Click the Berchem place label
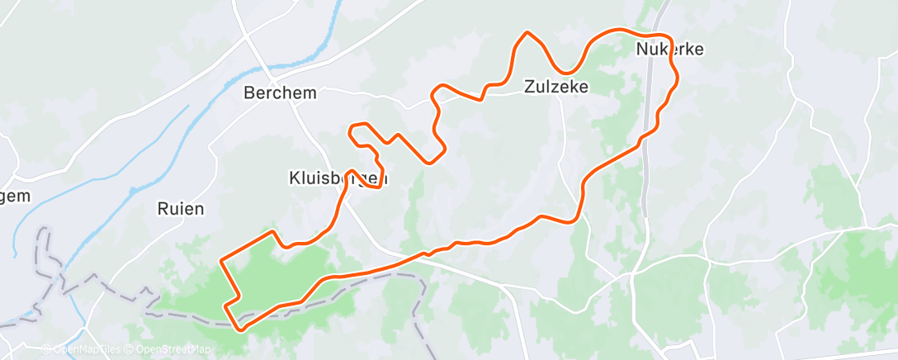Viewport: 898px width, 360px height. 280,93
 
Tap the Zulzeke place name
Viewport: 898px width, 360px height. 556,86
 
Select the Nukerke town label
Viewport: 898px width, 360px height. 669,50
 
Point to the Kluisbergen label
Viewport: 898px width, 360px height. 338,178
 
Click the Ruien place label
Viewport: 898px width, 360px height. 180,209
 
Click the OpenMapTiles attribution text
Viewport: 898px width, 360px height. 85,349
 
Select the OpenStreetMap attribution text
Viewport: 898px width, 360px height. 173,349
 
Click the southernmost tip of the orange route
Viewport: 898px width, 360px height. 241,329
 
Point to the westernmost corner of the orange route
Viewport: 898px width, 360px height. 221,261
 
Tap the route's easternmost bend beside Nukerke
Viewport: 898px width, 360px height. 678,75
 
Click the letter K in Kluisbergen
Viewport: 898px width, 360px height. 294,178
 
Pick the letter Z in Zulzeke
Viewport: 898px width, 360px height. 529,86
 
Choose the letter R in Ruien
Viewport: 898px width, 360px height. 162,209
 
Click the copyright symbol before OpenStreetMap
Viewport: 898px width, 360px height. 130,349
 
